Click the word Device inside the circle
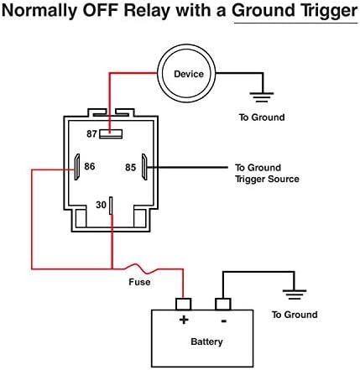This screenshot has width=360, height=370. click(189, 74)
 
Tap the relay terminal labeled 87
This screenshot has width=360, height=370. click(111, 134)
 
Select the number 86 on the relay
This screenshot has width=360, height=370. click(90, 166)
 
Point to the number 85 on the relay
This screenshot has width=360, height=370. click(130, 167)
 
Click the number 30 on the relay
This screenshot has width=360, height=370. click(101, 205)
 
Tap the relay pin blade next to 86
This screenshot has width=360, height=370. click(77, 167)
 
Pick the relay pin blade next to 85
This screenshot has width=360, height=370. click(144, 167)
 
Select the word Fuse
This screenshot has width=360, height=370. click(139, 282)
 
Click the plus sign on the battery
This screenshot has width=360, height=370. click(184, 320)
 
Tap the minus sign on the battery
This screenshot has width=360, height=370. click(223, 320)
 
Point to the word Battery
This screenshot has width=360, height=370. click(206, 341)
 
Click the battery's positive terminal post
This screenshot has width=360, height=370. click(184, 304)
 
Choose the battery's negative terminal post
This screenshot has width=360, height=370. click(223, 304)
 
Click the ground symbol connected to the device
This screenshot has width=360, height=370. click(263, 97)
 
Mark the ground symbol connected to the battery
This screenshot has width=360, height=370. click(295, 294)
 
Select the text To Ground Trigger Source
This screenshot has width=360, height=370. click(267, 174)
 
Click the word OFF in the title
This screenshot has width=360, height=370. click(100, 10)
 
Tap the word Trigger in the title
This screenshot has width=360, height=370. click(328, 12)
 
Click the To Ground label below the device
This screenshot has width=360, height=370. click(262, 117)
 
